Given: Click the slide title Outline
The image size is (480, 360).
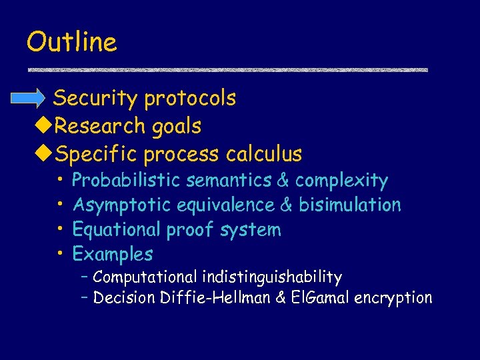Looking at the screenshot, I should [x=71, y=42].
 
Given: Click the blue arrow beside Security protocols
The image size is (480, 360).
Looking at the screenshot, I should [x=30, y=99].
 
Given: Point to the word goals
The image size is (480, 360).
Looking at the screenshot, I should [x=175, y=125].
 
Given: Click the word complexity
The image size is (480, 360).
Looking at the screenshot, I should [x=341, y=180].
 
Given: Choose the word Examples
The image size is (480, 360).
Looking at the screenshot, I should [x=113, y=254].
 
